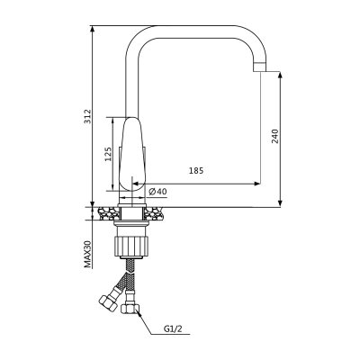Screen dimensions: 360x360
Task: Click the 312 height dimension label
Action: coord(87,117)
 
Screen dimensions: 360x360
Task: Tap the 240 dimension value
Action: coord(275,136)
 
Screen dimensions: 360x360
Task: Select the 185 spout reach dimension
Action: coord(196,171)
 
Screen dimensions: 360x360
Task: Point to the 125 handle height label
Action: coord(108,154)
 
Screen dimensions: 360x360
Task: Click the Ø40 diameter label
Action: coord(157,192)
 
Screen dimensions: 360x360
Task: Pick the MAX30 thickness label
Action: coord(87,254)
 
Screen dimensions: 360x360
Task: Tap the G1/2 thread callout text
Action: coord(173,329)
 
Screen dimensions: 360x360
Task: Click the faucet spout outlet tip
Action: coord(260,67)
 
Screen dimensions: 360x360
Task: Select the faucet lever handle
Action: coord(132,154)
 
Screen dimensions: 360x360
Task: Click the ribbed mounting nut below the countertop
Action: coord(132,246)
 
